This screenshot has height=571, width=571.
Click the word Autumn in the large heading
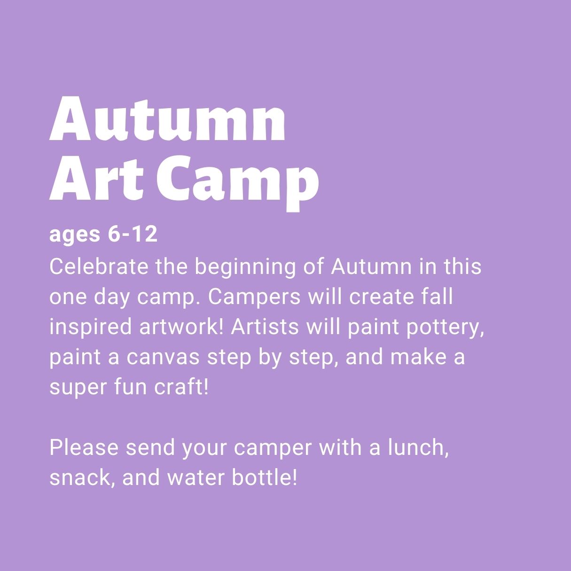(167, 118)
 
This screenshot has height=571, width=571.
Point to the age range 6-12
(133, 235)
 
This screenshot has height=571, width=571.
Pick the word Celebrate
(99, 266)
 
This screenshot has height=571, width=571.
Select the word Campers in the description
(255, 298)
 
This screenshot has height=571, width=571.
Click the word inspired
(90, 328)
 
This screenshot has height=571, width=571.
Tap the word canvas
(163, 358)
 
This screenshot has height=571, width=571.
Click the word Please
(84, 447)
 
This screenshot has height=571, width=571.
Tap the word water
(196, 478)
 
